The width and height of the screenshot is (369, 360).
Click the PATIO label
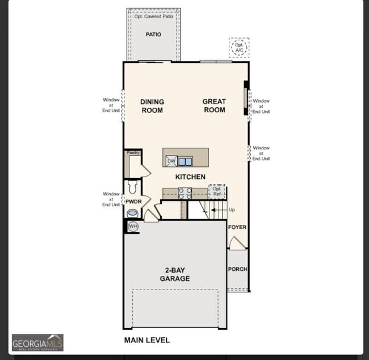point(153,35)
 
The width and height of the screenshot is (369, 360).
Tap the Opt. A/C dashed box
point(239,48)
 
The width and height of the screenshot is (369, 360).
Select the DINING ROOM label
point(152,106)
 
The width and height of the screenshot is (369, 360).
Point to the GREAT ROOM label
point(214,106)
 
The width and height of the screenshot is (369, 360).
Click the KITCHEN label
point(190,177)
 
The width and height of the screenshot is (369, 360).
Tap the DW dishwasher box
point(171,161)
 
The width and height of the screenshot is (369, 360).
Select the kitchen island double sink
point(185,161)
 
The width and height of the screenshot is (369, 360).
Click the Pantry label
point(133,153)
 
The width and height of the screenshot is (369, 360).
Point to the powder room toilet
point(133,186)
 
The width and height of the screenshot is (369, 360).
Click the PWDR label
point(133,202)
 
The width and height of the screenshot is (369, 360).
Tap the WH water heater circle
point(133,227)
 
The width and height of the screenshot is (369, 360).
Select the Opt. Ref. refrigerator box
point(217,191)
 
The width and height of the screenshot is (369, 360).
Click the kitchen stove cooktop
point(185,193)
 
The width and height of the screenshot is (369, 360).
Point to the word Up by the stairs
point(232,210)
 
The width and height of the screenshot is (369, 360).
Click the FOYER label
point(237,227)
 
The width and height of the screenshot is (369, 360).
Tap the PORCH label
point(237,269)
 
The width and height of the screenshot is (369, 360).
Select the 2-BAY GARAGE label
point(174,275)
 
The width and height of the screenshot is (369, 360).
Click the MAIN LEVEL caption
point(147,340)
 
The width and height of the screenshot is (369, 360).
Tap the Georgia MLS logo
point(37,342)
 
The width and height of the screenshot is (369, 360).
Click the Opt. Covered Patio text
point(153,16)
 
